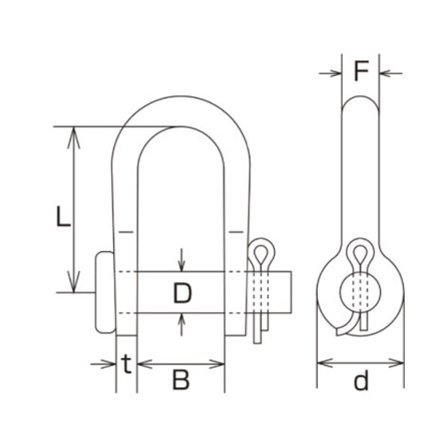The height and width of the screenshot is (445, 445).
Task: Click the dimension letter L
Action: tap(63, 216)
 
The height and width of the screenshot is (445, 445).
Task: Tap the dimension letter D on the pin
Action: tap(182, 293)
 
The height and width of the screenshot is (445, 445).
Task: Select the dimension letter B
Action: tap(181, 380)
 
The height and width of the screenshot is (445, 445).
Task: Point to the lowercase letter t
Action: tap(126, 364)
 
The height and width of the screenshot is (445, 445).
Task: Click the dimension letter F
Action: tap(361, 70)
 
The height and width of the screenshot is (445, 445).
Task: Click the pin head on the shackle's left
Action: tap(104, 292)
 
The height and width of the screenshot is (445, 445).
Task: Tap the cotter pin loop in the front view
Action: tap(261, 252)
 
